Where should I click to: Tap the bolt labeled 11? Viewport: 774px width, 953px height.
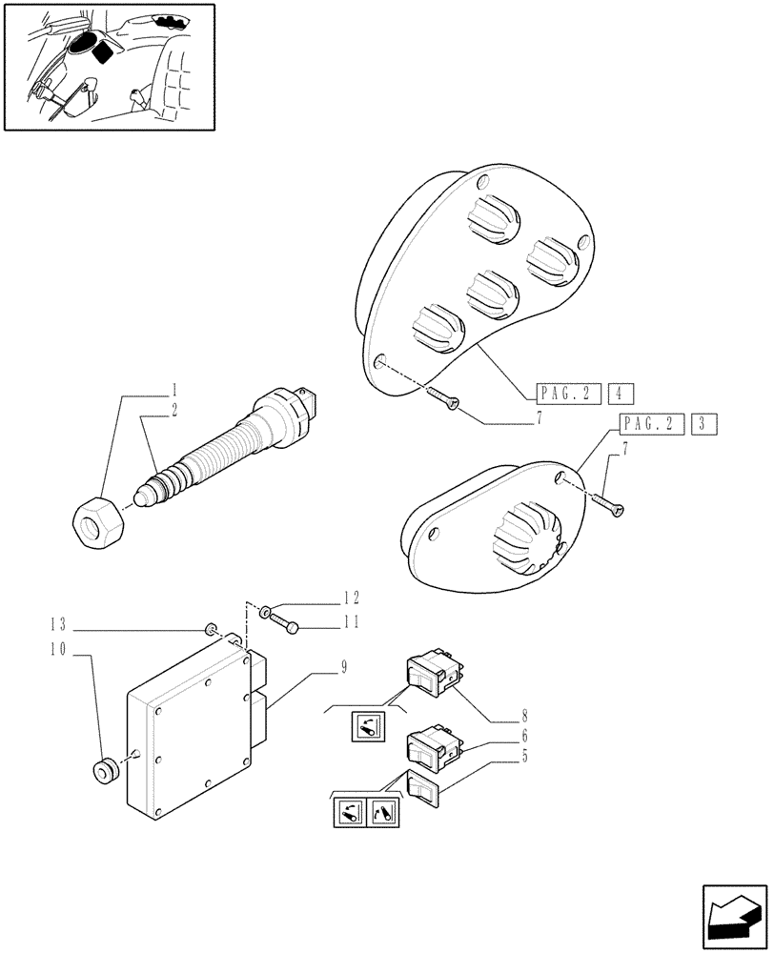[285, 624]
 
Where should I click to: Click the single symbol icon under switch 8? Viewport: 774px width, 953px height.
[367, 727]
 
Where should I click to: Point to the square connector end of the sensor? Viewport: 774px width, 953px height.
[310, 401]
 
